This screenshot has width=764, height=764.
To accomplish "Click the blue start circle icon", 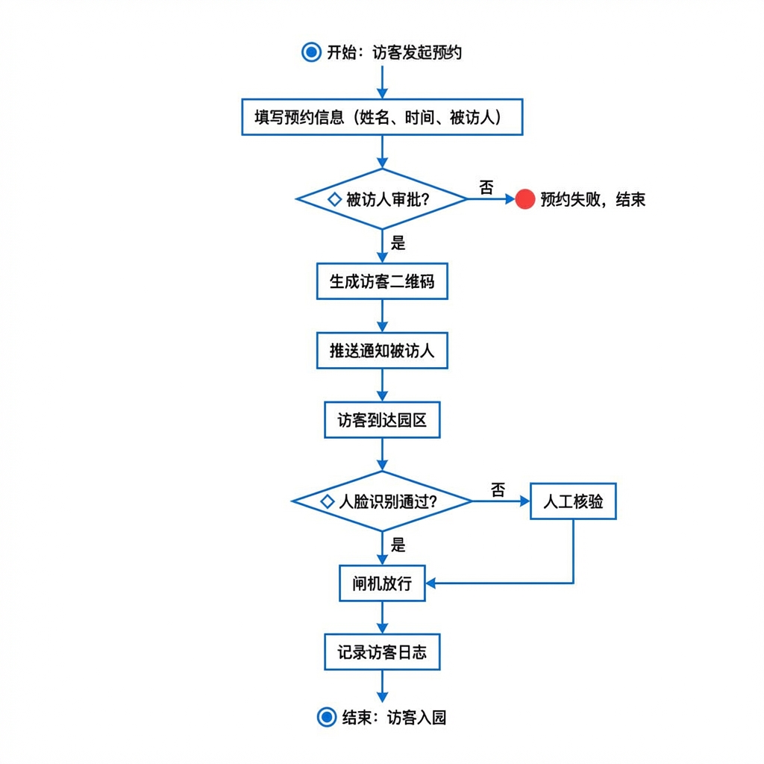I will (311, 52).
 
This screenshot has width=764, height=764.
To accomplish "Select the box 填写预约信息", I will (382, 117).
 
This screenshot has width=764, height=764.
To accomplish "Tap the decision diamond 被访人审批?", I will (382, 199).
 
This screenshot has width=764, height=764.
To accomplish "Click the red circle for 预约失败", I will (525, 199).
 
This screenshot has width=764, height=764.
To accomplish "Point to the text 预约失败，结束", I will (592, 199).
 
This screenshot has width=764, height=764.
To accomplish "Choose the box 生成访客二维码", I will (382, 281).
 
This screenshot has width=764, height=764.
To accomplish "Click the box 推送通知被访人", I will (382, 351).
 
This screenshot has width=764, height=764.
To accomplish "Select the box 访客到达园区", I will (382, 420).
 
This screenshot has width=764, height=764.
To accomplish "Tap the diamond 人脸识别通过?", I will (382, 501).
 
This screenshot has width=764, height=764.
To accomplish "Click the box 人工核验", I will (573, 501).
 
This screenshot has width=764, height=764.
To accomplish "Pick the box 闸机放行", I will (382, 583).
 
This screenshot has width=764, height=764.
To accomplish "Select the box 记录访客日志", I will (382, 652).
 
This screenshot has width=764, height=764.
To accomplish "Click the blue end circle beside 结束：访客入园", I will (327, 718).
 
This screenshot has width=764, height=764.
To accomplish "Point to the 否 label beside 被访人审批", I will (486, 187).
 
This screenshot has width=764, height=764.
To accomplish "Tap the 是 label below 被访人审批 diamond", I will (398, 242).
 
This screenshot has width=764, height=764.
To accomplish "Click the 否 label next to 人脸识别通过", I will (498, 489).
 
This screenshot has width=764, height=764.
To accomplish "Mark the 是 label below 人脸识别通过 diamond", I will (398, 545).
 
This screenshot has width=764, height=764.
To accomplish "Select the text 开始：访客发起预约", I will (394, 52).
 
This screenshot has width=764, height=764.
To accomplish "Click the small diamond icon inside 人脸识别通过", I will (327, 501).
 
